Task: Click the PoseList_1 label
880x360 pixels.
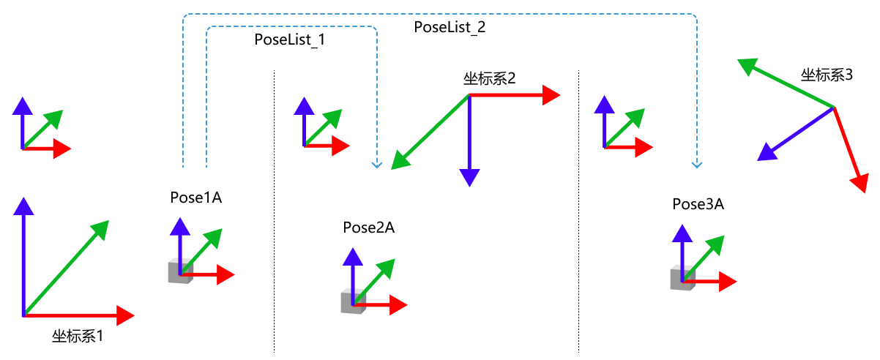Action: pyautogui.click(x=289, y=40)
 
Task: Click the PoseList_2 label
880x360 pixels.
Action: pyautogui.click(x=450, y=28)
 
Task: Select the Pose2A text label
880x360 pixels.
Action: pyautogui.click(x=369, y=228)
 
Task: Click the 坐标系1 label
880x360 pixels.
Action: pyautogui.click(x=78, y=337)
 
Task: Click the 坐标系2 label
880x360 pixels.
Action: pyautogui.click(x=489, y=79)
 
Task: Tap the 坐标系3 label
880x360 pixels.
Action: pyautogui.click(x=827, y=75)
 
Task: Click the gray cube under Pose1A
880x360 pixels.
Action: pyautogui.click(x=179, y=271)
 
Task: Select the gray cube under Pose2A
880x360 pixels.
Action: pyautogui.click(x=351, y=301)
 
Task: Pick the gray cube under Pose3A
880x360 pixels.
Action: pyautogui.click(x=682, y=279)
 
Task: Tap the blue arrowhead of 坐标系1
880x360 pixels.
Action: pyautogui.click(x=24, y=206)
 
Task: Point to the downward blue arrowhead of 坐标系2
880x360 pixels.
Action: pyautogui.click(x=469, y=178)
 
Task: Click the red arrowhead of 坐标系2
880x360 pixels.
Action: pyautogui.click(x=551, y=95)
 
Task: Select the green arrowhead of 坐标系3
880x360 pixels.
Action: pyautogui.click(x=746, y=67)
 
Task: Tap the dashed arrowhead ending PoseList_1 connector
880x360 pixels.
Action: pyautogui.click(x=377, y=165)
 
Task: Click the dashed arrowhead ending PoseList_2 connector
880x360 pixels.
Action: pyautogui.click(x=696, y=164)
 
